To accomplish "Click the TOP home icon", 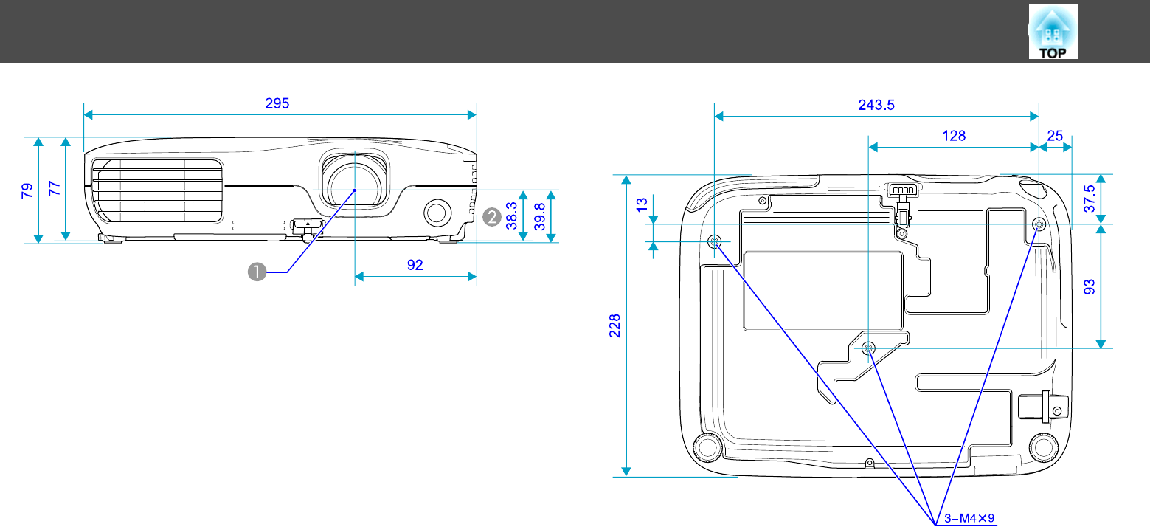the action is coord(1053,32).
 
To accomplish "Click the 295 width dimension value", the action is coord(277,104).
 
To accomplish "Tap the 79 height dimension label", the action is coord(27,190).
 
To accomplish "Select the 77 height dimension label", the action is coord(54,188).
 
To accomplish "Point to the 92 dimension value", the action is coord(415,265).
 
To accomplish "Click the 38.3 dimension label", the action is coord(511,216).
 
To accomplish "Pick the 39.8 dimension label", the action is coord(539,216).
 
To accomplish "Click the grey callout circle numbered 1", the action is coord(257,272).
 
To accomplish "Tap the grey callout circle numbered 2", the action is coord(492,217).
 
